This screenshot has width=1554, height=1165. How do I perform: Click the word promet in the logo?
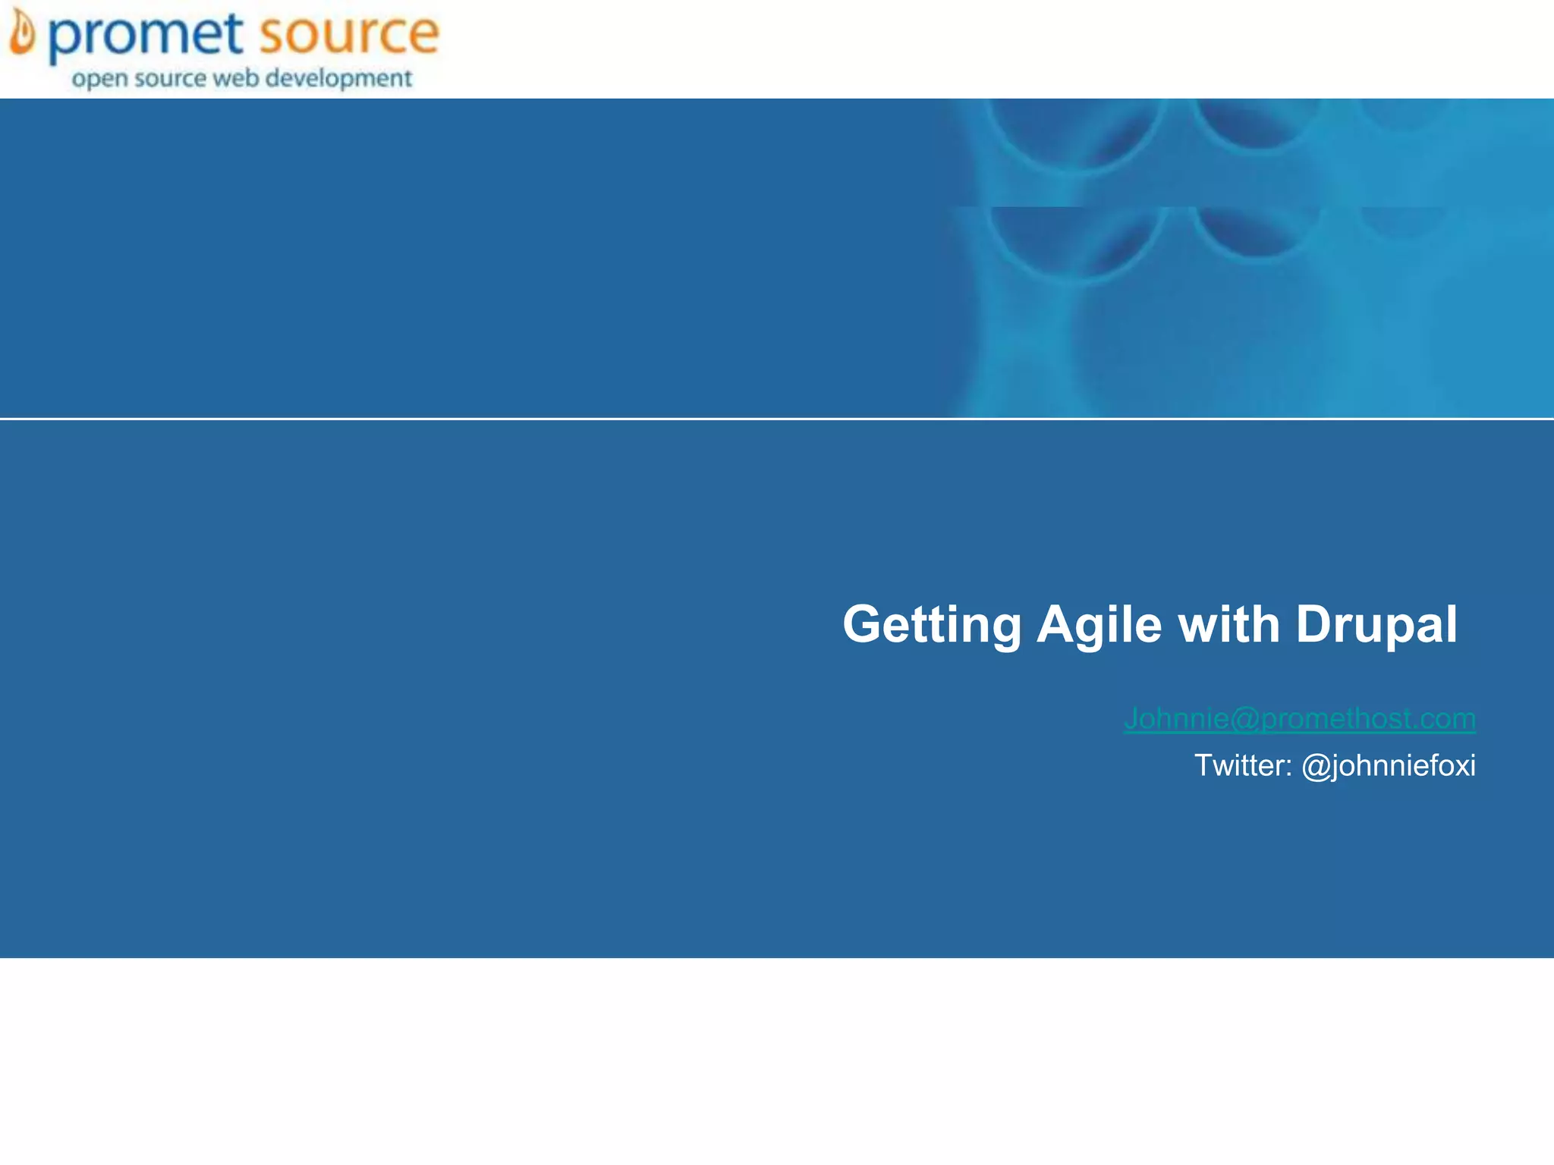click(146, 36)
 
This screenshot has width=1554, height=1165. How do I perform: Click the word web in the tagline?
click(236, 78)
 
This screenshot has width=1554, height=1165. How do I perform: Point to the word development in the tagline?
click(338, 79)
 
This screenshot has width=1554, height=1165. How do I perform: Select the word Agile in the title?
click(1099, 624)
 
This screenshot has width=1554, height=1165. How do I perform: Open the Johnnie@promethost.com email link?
click(1299, 718)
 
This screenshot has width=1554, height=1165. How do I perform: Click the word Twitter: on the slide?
click(1243, 765)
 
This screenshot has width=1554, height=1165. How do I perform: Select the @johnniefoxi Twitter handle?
click(1388, 766)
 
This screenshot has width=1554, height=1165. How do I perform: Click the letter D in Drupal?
click(1314, 624)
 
